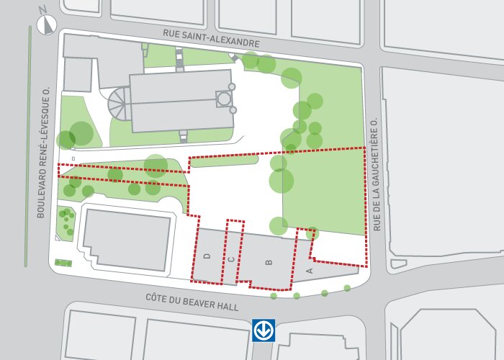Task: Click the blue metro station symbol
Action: pos(264,330)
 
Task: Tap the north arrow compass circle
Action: pos(47,24)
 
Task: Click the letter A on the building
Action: pos(310,271)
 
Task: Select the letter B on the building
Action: pos(269,262)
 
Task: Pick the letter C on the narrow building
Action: pos(231,258)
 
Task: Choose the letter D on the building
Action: pos(207,256)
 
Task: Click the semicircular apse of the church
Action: pos(118,107)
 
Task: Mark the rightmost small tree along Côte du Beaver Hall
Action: pos(347,288)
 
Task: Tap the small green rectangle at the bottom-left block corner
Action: pos(63,263)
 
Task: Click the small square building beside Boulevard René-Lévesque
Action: pos(78,75)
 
